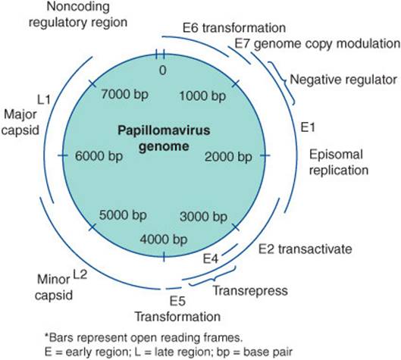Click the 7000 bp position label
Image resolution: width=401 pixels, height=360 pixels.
click(x=124, y=94)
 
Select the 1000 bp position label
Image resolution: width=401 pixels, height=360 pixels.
click(x=202, y=96)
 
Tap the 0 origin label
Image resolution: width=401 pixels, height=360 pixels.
click(x=163, y=70)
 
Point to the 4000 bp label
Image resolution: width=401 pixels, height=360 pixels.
click(x=164, y=239)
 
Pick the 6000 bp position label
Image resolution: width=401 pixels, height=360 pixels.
click(x=99, y=156)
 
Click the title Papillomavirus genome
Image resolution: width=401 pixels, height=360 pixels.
click(x=164, y=139)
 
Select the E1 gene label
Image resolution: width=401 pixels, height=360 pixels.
click(x=308, y=127)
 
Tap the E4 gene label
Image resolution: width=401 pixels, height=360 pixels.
click(x=211, y=258)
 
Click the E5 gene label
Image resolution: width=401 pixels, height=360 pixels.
click(x=177, y=301)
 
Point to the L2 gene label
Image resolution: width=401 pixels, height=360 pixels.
click(x=80, y=274)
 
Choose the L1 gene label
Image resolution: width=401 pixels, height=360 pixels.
click(x=44, y=99)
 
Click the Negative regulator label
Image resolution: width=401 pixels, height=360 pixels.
click(x=343, y=80)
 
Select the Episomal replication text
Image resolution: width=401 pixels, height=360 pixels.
click(x=339, y=162)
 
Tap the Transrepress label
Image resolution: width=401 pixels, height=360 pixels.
click(x=250, y=290)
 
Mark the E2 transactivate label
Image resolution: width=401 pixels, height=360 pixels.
click(x=305, y=249)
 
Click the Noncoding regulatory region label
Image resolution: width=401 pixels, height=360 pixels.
click(x=78, y=14)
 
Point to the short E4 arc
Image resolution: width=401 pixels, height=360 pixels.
click(x=230, y=249)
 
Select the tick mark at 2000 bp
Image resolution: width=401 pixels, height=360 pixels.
click(x=265, y=155)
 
